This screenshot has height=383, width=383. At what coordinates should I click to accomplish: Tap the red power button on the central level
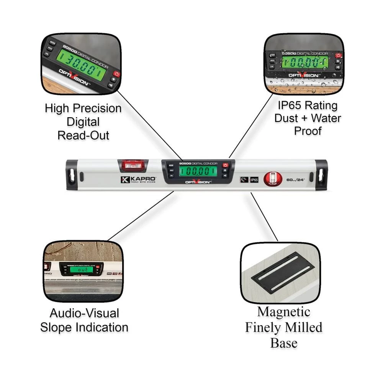[225, 165]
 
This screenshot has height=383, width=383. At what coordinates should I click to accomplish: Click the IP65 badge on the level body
[253, 179]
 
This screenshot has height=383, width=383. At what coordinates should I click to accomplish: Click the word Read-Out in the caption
[83, 135]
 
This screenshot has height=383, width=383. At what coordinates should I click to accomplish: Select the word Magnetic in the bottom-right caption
[283, 312]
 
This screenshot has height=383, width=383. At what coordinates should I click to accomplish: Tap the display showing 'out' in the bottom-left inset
[81, 269]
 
